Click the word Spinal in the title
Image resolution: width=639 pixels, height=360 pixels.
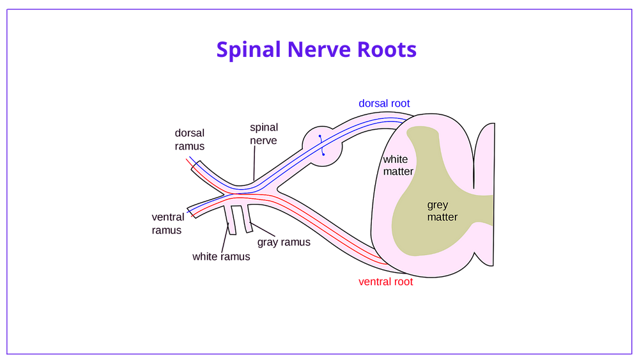click(246, 50)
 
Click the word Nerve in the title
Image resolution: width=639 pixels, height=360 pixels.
click(318, 50)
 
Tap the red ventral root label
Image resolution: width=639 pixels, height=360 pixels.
click(385, 282)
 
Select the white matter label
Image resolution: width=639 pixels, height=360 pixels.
click(398, 165)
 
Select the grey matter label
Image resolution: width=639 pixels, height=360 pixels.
click(442, 211)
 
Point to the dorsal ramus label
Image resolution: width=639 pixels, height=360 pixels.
click(190, 139)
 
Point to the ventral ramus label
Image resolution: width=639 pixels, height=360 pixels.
click(167, 223)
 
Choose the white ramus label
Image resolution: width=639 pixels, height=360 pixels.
click(220, 257)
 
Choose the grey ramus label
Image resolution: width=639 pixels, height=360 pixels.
click(283, 243)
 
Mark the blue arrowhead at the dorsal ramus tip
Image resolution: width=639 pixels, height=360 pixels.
click(191, 158)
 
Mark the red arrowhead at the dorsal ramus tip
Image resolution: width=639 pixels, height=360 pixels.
click(188, 162)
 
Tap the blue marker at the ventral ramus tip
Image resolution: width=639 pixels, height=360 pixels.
click(187, 212)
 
